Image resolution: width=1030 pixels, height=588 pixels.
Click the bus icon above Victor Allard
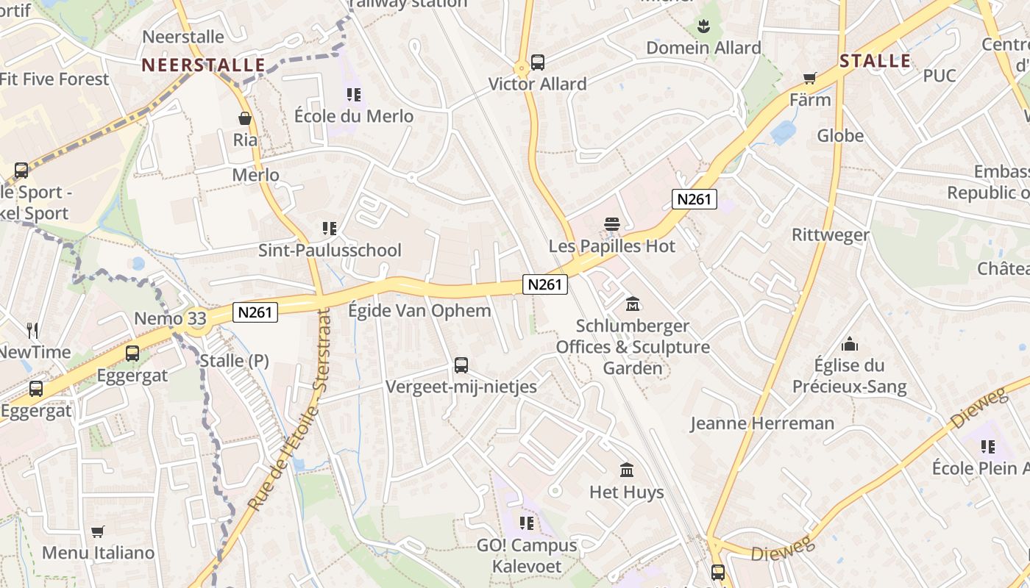pos(538,62)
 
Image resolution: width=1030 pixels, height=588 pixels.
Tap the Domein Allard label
pos(703,48)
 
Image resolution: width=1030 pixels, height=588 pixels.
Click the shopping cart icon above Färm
pos(810,78)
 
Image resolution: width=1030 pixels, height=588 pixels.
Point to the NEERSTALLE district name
pos(204,65)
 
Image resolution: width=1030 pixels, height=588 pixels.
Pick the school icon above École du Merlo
pos(354,95)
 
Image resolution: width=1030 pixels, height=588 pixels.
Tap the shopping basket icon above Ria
pos(245,118)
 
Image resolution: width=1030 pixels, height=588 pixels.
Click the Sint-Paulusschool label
pos(330,250)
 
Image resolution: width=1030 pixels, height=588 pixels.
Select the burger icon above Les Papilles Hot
pos(612,223)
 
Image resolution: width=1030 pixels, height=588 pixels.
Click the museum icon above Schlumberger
pos(632,304)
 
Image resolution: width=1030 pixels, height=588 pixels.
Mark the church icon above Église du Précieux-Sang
pos(850,344)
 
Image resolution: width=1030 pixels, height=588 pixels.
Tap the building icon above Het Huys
pos(627,470)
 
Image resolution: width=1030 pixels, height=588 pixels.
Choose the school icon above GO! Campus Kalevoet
pos(527,523)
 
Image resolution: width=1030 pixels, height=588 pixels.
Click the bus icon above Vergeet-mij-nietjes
pos(461,365)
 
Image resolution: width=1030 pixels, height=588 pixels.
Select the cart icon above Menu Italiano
pos(98,531)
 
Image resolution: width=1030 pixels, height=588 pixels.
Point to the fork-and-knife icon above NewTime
pos(32,330)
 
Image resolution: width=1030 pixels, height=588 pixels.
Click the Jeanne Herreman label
pos(762,423)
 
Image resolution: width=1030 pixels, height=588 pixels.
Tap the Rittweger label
pos(831,235)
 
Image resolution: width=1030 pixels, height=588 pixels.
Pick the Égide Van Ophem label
pos(419,310)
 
